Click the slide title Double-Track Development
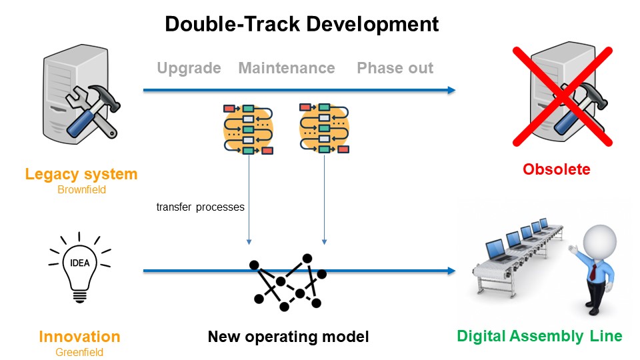(x=301, y=25)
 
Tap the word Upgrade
(x=189, y=68)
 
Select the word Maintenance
(x=287, y=68)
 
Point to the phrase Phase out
(x=395, y=68)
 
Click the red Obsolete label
(x=556, y=169)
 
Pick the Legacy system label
(x=81, y=175)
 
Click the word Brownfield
(x=81, y=190)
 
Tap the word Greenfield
(x=79, y=353)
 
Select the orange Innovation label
(x=79, y=337)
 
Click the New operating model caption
(x=288, y=337)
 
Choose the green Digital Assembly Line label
(x=540, y=336)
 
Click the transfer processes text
(x=200, y=207)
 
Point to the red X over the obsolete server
(x=561, y=95)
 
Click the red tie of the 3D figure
(x=593, y=270)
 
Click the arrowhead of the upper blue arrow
(x=451, y=91)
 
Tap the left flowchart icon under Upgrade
(x=249, y=129)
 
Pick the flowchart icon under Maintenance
(x=324, y=127)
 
